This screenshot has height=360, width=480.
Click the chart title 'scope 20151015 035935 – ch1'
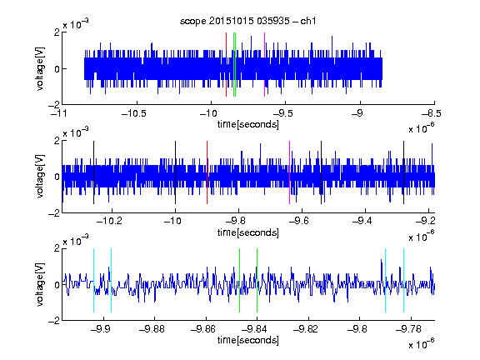click(x=248, y=21)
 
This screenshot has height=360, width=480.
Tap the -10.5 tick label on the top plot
click(x=134, y=113)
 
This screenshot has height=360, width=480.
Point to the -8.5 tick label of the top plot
click(x=432, y=113)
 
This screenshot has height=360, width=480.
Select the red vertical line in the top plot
click(x=226, y=65)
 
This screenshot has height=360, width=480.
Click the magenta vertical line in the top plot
click(x=264, y=65)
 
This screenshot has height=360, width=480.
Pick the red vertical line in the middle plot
click(x=207, y=172)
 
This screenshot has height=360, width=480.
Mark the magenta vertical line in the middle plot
click(x=290, y=172)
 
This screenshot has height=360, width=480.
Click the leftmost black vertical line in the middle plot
click(x=93, y=172)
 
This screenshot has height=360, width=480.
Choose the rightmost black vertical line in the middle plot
click(x=404, y=172)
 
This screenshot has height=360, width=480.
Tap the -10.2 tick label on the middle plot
click(x=109, y=221)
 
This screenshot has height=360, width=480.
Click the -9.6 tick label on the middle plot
click(x=299, y=221)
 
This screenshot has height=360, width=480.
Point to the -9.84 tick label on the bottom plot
click(x=254, y=329)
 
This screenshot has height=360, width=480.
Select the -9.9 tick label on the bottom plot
click(x=100, y=329)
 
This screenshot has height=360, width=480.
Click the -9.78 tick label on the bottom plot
click(x=408, y=329)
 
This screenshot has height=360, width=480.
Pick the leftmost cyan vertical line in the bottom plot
click(x=93, y=280)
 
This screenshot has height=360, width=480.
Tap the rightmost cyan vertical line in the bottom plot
click(x=404, y=280)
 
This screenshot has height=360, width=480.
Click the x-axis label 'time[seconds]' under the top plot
click(x=248, y=124)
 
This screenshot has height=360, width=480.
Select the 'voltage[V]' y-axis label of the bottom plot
click(x=40, y=285)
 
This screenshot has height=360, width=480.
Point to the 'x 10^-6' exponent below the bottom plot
click(x=421, y=343)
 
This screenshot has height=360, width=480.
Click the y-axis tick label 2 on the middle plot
click(x=57, y=141)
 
